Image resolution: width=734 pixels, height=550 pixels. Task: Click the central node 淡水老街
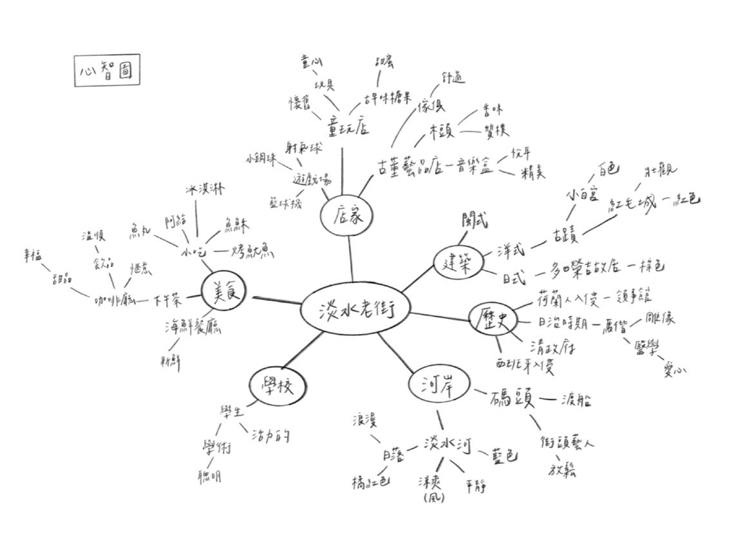[355, 310]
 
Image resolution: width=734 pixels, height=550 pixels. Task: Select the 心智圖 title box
[107, 71]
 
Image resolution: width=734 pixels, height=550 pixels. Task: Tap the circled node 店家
[348, 217]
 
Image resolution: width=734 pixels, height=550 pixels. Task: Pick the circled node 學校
[278, 387]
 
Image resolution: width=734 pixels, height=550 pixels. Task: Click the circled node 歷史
[493, 319]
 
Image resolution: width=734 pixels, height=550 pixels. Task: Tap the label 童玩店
[348, 125]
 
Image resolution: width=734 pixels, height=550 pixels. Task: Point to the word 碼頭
[513, 398]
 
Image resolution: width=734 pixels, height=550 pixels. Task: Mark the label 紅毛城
[633, 205]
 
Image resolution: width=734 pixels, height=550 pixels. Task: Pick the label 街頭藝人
[567, 443]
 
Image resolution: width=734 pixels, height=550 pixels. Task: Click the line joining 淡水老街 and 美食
[277, 300]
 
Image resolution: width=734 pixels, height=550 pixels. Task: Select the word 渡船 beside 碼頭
[576, 399]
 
